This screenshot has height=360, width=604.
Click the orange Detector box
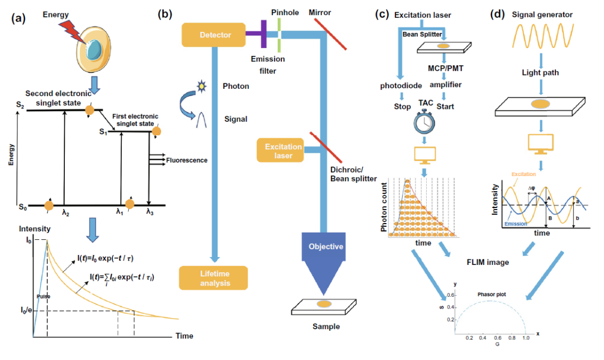214,35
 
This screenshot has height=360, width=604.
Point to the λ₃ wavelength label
150,212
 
